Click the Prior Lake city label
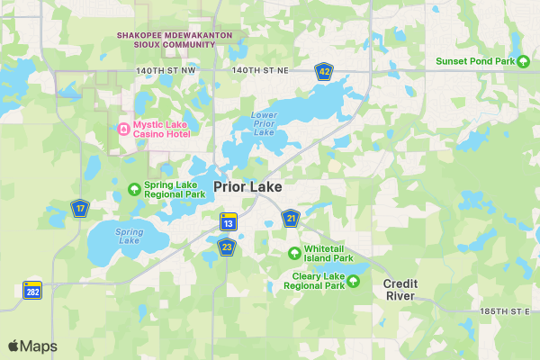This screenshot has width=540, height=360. [247, 187]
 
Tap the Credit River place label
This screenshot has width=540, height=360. [400, 290]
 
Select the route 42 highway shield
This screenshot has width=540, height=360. [324, 70]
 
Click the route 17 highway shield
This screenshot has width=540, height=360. [80, 209]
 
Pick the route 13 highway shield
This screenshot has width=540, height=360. [229, 223]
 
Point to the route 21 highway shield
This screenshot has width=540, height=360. [291, 218]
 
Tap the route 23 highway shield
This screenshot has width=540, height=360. [227, 247]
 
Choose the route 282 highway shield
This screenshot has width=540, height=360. [32, 290]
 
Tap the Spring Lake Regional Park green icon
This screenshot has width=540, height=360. [135, 189]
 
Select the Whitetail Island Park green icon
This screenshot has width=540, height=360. [294, 252]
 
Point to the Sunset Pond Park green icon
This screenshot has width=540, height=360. [523, 61]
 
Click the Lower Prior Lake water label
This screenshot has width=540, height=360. [264, 123]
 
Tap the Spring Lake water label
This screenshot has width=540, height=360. [129, 236]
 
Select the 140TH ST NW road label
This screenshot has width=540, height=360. [166, 69]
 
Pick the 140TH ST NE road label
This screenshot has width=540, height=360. [259, 69]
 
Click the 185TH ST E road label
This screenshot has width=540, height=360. [506, 310]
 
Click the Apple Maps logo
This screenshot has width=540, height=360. [32, 346]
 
